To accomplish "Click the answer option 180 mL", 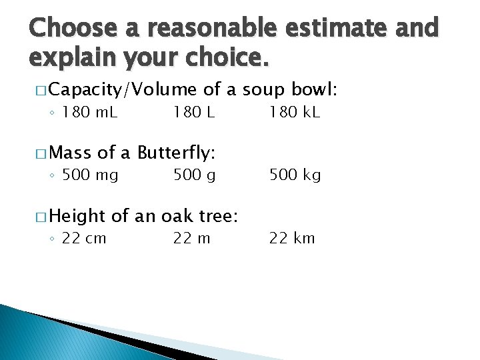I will click(x=89, y=113).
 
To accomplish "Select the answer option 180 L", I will click(x=194, y=113).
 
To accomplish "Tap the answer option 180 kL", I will click(x=295, y=113).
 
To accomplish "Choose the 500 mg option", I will click(x=90, y=175).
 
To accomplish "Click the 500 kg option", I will click(x=295, y=175).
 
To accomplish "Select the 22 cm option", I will click(x=84, y=238).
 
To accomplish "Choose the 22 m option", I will click(x=192, y=238).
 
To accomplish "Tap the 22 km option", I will click(x=292, y=238).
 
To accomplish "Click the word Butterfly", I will click(x=176, y=153).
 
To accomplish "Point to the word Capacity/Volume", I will click(x=123, y=90).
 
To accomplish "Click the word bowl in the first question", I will click(x=316, y=89).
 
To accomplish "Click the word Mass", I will click(x=69, y=153).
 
